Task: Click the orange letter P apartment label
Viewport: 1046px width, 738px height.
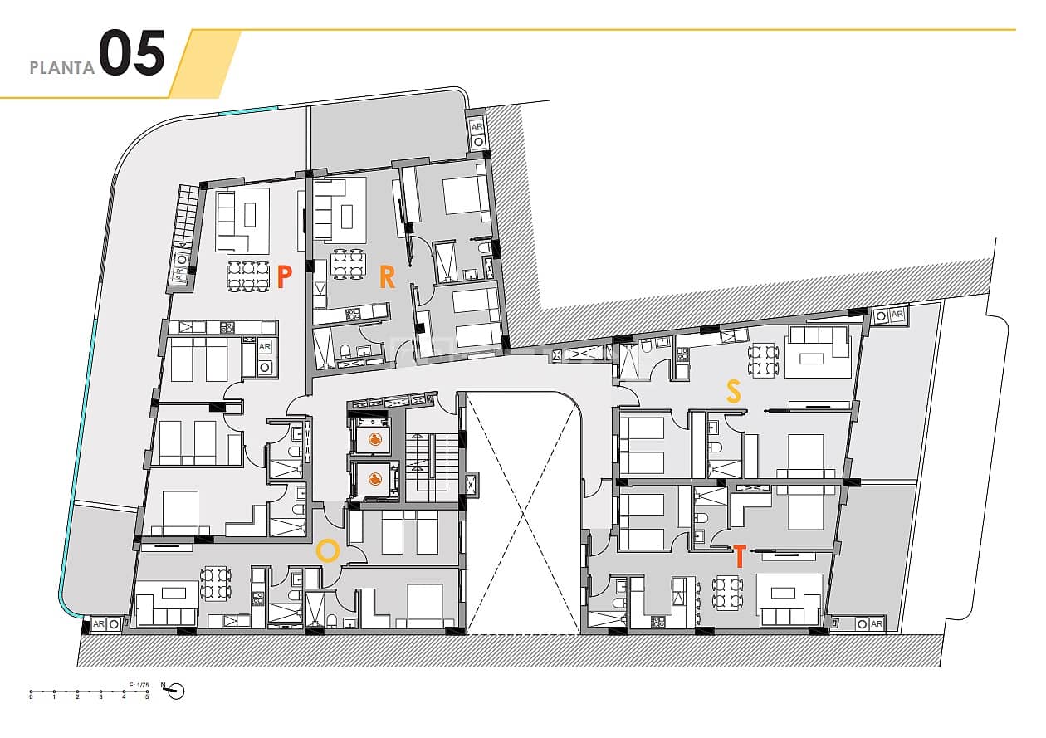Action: coord(284,276)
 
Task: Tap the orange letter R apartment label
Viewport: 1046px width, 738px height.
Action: coord(387,276)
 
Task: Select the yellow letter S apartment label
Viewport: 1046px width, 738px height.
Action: coord(733,391)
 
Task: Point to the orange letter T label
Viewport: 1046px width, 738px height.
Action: coord(739,556)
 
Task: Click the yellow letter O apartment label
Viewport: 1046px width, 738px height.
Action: coord(328,550)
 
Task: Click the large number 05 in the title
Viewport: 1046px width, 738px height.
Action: coord(132,55)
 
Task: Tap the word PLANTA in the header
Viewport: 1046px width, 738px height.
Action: coord(62,68)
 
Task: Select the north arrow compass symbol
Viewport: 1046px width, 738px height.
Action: coord(175,691)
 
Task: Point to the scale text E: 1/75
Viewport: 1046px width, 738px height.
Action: coord(138,684)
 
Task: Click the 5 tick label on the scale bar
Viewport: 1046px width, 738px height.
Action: coord(147,697)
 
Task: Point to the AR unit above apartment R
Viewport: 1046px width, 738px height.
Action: coord(476,133)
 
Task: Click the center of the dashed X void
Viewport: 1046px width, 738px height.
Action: coord(521,513)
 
